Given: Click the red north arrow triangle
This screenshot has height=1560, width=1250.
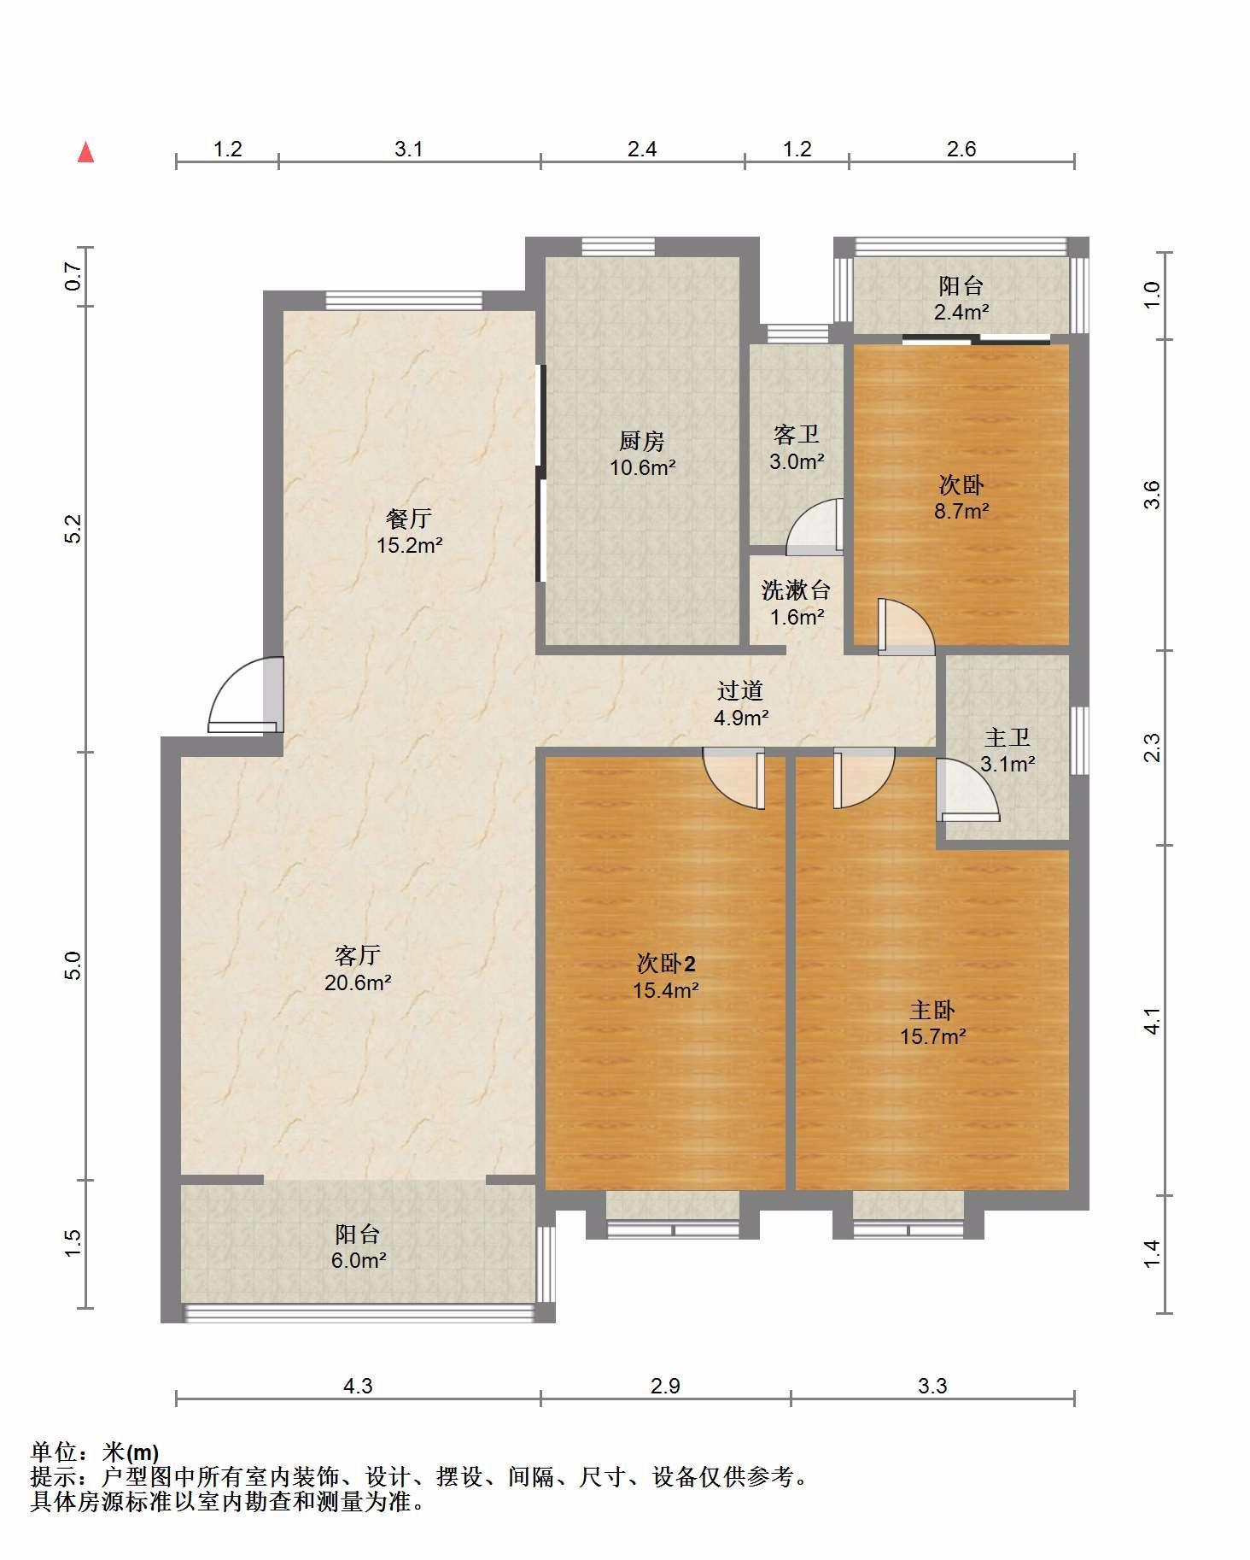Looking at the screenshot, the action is (85, 153).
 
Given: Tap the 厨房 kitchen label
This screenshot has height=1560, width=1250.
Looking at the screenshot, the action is (642, 441).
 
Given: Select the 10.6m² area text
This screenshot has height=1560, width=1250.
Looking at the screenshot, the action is (643, 467).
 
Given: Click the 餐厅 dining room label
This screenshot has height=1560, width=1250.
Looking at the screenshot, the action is (409, 518).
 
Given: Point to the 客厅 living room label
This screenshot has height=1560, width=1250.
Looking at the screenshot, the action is (358, 954).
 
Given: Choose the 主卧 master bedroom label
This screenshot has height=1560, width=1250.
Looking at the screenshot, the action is (932, 1011).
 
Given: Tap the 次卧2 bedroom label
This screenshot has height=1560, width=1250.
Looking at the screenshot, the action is (666, 964).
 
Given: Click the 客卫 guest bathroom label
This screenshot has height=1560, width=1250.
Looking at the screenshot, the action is (797, 435).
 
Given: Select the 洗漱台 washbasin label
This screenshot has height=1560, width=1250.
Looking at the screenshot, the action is (797, 589).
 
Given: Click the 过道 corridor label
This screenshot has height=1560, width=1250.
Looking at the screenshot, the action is (739, 690).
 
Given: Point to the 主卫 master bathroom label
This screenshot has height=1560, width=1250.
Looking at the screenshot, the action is (1008, 736).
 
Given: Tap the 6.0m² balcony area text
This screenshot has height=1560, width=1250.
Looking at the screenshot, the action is (359, 1260).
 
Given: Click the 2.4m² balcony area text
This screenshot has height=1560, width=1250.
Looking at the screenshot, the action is (961, 312).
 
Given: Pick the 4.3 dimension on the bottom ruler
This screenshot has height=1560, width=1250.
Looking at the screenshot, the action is (358, 1386).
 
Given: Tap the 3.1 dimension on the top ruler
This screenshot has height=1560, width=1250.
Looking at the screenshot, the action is (409, 150).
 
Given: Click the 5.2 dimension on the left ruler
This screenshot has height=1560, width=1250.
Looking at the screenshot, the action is (73, 529).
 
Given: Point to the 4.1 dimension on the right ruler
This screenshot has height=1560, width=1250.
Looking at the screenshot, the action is (1153, 1021).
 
